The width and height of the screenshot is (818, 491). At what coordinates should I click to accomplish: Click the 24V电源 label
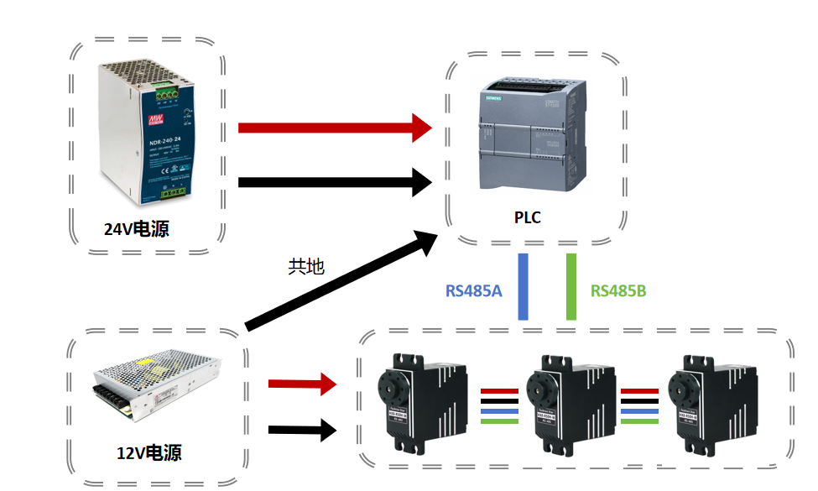coord(136,229)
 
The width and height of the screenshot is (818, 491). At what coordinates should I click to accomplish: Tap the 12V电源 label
coord(148,454)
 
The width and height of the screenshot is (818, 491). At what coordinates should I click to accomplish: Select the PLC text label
coord(527,218)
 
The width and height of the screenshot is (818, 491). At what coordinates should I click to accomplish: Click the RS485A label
coord(473,291)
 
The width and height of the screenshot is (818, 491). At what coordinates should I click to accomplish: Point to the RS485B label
coord(617,291)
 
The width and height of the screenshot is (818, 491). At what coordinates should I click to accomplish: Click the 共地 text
coord(305,267)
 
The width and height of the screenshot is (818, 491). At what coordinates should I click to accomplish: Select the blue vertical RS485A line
coord(523,287)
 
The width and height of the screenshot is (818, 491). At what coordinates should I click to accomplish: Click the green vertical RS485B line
coord(571,287)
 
